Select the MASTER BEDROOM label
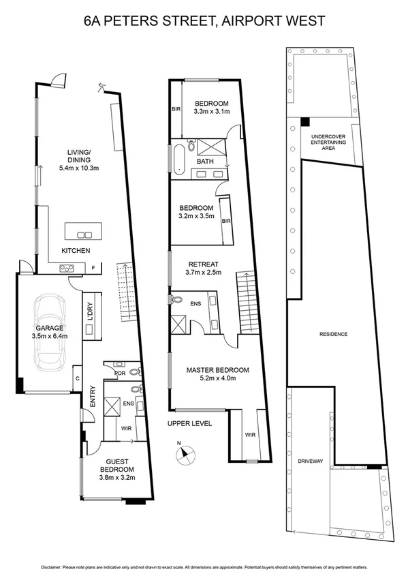pos(218,370)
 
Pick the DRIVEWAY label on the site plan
pos(309,461)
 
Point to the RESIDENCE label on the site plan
pos(334,334)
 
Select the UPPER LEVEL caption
pos(190,423)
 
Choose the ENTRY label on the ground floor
pos(93,397)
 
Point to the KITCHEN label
pos(76,252)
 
